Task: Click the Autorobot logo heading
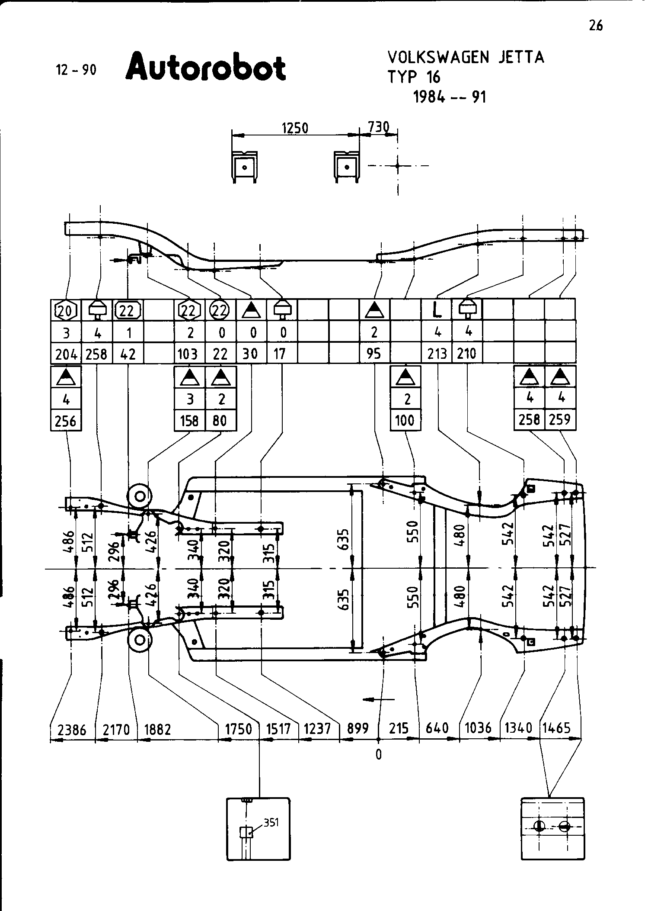click(205, 68)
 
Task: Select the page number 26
click(595, 26)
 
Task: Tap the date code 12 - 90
click(76, 70)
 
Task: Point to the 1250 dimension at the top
click(295, 129)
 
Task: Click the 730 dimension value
click(379, 127)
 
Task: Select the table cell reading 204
click(66, 354)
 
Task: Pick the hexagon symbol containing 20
click(66, 310)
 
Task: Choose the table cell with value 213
click(437, 354)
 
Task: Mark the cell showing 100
click(405, 420)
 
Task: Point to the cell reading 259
click(560, 419)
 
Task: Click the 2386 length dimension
click(72, 730)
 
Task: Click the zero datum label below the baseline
click(379, 755)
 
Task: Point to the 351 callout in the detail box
click(271, 823)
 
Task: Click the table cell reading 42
click(128, 354)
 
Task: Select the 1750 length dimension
click(238, 729)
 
